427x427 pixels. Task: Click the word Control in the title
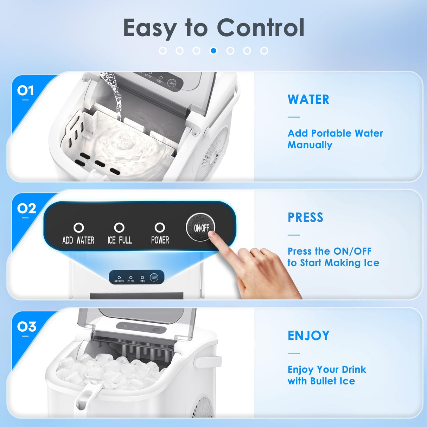click(261, 28)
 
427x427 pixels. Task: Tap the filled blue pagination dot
click(213, 51)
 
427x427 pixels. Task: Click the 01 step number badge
click(25, 91)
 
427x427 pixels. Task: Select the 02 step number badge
click(26, 209)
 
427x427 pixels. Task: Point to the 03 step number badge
click(26, 327)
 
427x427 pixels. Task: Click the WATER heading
click(308, 100)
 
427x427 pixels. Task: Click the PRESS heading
click(305, 217)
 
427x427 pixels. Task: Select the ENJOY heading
click(308, 336)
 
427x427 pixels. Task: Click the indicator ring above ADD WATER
click(78, 228)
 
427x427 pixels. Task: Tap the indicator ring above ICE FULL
click(119, 228)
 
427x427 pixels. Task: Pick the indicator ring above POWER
click(160, 228)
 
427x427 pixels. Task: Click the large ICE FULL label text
click(120, 240)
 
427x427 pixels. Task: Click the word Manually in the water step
click(310, 145)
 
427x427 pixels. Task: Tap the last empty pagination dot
click(264, 51)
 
